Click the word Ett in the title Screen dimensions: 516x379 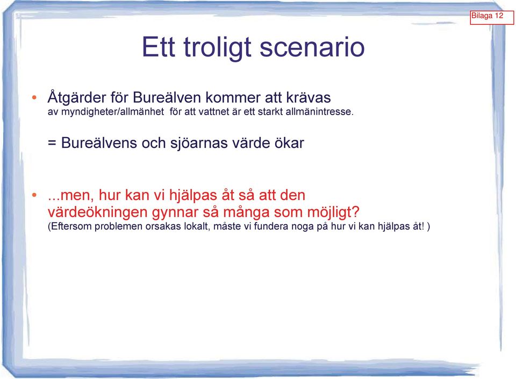click(158, 47)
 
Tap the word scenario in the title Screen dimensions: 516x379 click(312, 47)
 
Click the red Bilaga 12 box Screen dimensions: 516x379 click(492, 17)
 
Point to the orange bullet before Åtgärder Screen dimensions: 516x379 click(34, 97)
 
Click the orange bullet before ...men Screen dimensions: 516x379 click(34, 196)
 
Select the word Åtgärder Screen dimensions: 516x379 click(77, 98)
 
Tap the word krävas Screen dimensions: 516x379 click(309, 98)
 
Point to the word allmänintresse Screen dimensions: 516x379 click(319, 112)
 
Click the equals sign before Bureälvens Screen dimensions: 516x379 click(52, 143)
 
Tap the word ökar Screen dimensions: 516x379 click(289, 143)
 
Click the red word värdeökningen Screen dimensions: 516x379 click(97, 212)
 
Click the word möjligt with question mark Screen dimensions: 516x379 click(333, 212)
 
